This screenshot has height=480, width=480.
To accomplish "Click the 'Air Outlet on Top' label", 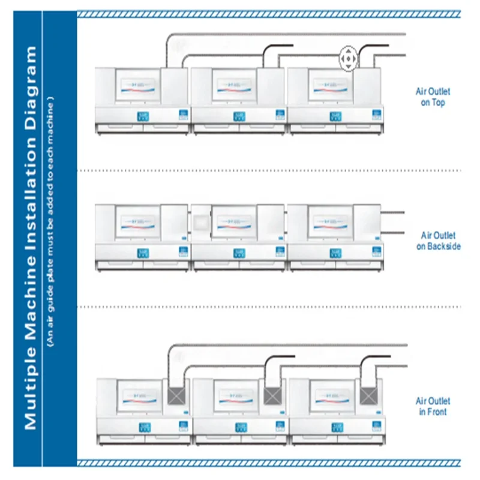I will pos(433,97).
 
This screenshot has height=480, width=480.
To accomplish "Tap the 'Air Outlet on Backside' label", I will pos(439,241).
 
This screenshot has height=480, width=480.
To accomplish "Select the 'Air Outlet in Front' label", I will pos(433,406).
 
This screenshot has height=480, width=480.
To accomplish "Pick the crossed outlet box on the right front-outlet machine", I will pos(368,395).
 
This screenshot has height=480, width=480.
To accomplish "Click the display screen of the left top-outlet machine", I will pos(139,87).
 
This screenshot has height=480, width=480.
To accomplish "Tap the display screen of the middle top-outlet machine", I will pos(235,87).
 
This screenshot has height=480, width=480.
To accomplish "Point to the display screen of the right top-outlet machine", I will pos(330,87).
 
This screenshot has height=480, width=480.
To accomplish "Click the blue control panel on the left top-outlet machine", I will pos(143,115).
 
